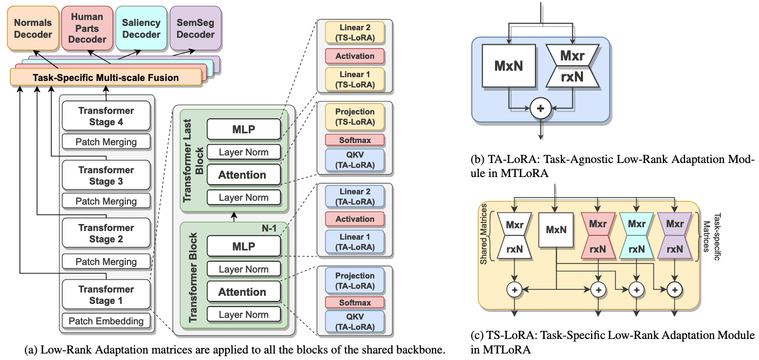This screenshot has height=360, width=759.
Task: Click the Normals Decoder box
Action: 33,28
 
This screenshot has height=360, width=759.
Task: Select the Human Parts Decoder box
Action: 87,28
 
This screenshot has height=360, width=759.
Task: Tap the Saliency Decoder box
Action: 141,28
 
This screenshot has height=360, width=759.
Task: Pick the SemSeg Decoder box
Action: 195,28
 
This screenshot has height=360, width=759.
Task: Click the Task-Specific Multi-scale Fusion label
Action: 106,78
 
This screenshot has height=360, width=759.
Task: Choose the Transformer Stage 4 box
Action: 106,117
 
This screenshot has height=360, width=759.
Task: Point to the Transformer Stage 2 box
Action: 106,233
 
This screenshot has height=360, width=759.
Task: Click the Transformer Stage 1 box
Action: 106,295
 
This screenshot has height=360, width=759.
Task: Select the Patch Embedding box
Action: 106,321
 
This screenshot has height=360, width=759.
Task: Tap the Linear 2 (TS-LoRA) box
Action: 355,33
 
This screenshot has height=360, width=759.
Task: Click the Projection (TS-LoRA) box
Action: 355,117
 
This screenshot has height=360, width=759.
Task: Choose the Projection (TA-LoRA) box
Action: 355,281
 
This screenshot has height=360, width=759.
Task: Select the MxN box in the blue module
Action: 509,66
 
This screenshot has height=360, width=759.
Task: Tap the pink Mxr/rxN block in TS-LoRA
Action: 597,236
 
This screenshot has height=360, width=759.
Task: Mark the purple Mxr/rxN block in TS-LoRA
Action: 674,236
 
